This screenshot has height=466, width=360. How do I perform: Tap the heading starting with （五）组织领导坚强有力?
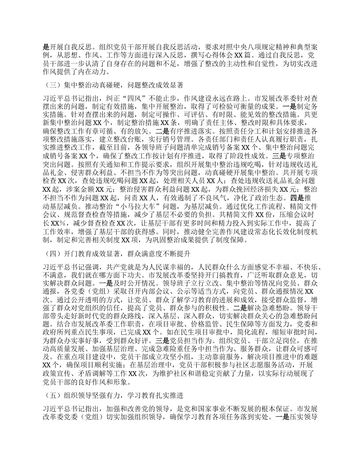pos(114,396)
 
